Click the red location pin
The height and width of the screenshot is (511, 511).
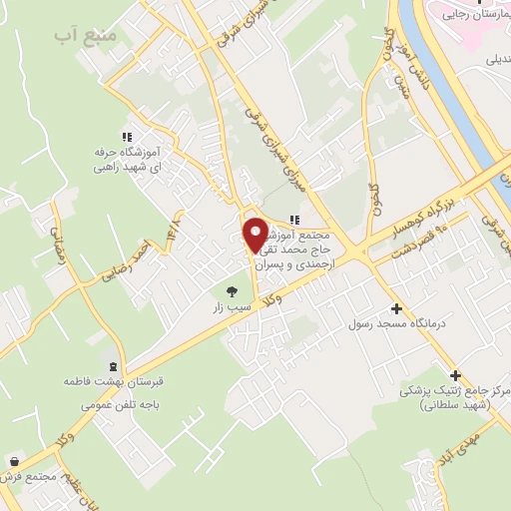coord(255,236)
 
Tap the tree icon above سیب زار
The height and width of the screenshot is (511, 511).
coord(232,292)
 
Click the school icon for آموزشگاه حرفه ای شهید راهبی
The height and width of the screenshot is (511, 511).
coord(126,136)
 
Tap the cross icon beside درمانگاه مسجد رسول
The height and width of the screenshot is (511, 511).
coord(396,309)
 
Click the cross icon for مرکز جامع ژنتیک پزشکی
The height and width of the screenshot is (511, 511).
coord(456,375)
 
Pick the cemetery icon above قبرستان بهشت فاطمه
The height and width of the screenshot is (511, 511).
coord(112,366)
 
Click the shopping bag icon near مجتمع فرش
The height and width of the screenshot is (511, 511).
coord(14,462)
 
